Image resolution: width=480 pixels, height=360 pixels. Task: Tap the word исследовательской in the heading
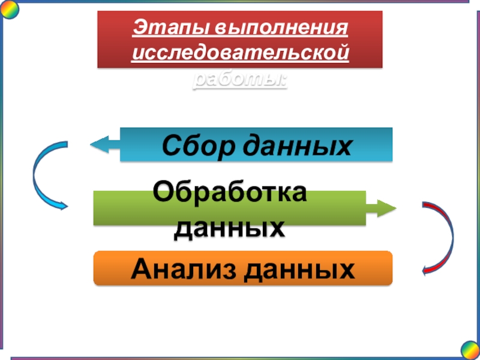[240, 53]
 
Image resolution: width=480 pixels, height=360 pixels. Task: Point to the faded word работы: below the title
[240, 80]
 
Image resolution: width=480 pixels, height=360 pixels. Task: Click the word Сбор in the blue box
[193, 145]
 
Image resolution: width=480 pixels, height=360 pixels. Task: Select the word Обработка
[230, 193]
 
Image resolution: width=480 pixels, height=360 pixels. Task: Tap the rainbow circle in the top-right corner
[470, 10]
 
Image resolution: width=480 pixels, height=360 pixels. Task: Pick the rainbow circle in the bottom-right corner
[470, 349]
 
